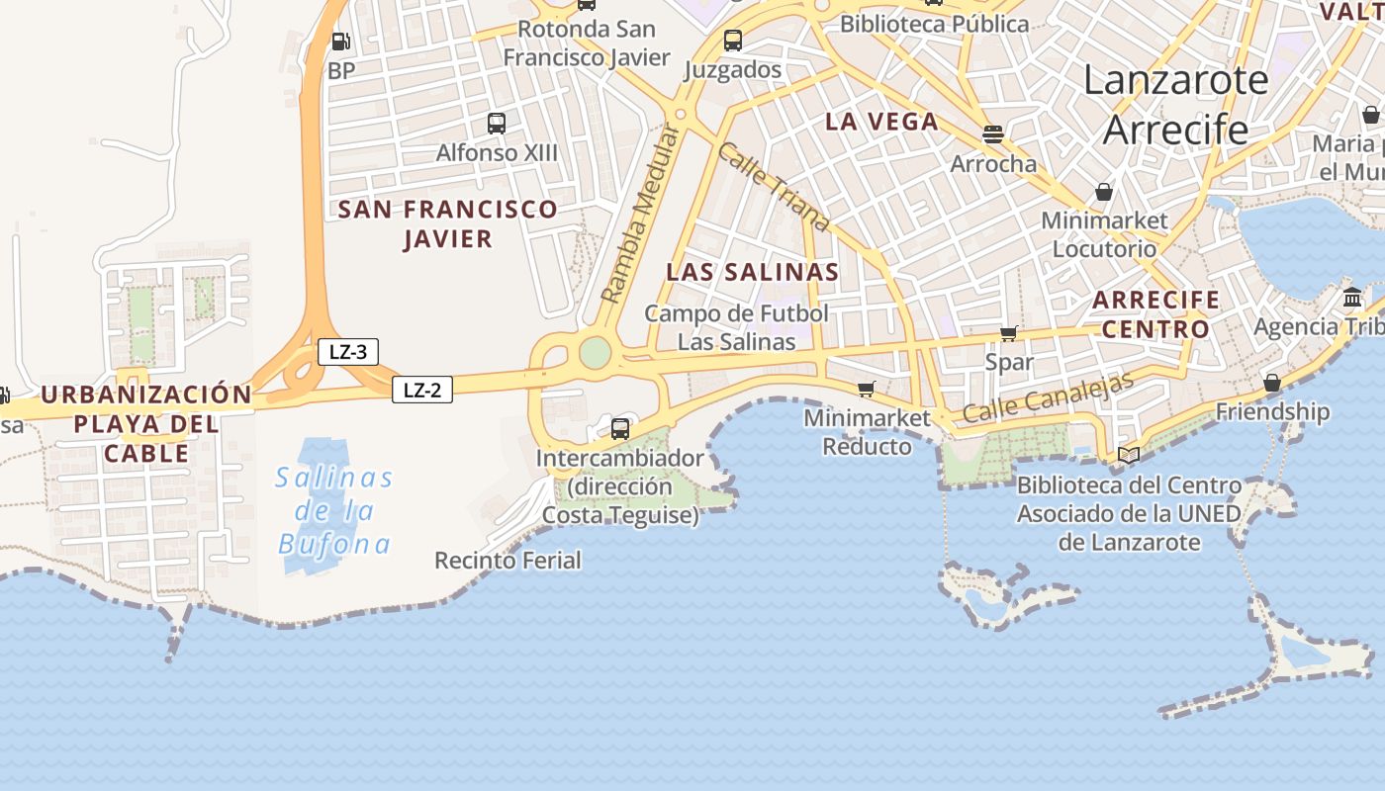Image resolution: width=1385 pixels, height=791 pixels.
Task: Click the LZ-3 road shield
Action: click(348, 351)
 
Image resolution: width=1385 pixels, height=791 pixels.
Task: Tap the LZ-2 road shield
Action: click(422, 390)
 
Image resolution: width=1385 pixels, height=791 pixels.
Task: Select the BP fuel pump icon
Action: click(340, 42)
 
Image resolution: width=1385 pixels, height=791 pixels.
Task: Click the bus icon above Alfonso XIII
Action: click(497, 124)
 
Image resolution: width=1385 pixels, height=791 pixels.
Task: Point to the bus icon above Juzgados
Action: click(732, 41)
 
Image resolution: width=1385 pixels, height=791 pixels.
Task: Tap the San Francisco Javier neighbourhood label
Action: click(447, 223)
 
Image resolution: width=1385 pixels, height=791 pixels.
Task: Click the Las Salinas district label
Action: click(752, 272)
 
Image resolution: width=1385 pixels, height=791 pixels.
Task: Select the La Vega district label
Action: click(881, 122)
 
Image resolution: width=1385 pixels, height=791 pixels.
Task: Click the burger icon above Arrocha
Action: click(993, 133)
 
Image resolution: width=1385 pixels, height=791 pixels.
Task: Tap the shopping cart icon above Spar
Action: click(1009, 333)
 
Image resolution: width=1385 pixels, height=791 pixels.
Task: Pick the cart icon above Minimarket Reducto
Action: click(867, 389)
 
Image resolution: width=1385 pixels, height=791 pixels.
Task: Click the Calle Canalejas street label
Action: click(1048, 398)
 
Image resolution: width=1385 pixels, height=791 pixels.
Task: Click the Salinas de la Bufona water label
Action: click(334, 510)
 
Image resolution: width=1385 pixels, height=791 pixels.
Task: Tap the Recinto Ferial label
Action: click(508, 561)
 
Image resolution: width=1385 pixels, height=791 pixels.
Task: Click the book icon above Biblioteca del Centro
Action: click(1129, 455)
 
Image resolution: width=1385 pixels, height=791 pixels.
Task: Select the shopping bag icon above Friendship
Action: click(1272, 383)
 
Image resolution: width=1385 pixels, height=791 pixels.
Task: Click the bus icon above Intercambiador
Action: click(619, 429)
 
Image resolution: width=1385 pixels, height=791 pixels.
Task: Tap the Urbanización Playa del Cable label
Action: click(147, 423)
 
